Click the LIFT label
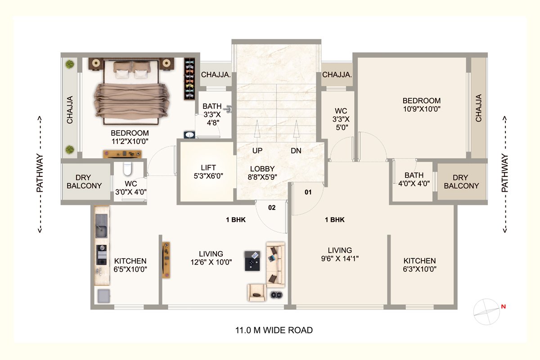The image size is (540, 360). tap(208, 167)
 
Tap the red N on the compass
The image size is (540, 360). tap(504, 306)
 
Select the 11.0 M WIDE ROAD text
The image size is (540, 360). tap(274, 330)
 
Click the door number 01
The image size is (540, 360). tap(308, 192)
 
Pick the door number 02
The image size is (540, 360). tap(272, 207)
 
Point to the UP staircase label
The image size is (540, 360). tap(257, 151)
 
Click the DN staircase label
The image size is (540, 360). tap(296, 151)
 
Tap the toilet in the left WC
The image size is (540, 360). tap(127, 168)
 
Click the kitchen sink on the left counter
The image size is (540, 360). tap(101, 226)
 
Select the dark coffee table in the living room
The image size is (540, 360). tap(252, 261)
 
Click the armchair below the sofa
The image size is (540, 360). tap(257, 292)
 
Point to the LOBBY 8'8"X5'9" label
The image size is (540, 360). tap(262, 173)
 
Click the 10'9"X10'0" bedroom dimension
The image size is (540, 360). tap(422, 109)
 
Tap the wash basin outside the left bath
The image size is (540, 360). tap(189, 135)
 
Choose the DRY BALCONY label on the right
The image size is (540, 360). tap(461, 181)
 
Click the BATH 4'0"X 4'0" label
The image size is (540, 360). tap(414, 180)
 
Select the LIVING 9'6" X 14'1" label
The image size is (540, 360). tap(340, 254)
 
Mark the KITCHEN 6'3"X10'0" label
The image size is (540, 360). tap(420, 265)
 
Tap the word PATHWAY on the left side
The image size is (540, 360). tap(40, 173)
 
